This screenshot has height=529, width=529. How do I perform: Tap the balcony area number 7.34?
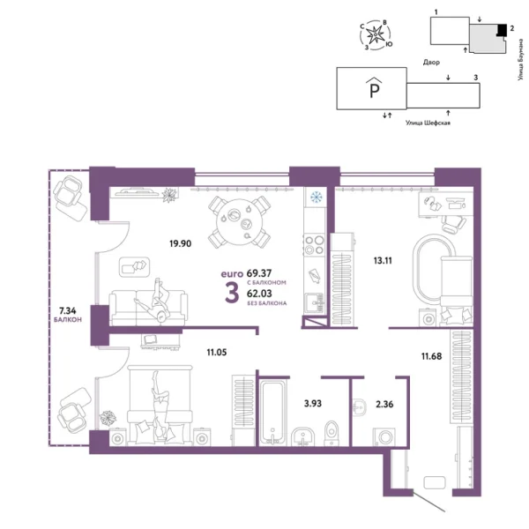[67, 311]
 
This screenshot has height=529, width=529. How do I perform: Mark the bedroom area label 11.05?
[218, 351]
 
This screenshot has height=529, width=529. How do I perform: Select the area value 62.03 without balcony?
[259, 294]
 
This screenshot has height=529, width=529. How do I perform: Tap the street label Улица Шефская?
[428, 123]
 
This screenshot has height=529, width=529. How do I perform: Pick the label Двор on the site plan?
[431, 62]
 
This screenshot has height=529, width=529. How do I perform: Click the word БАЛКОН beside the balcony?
[67, 320]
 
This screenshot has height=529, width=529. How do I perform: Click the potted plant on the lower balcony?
[109, 417]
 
